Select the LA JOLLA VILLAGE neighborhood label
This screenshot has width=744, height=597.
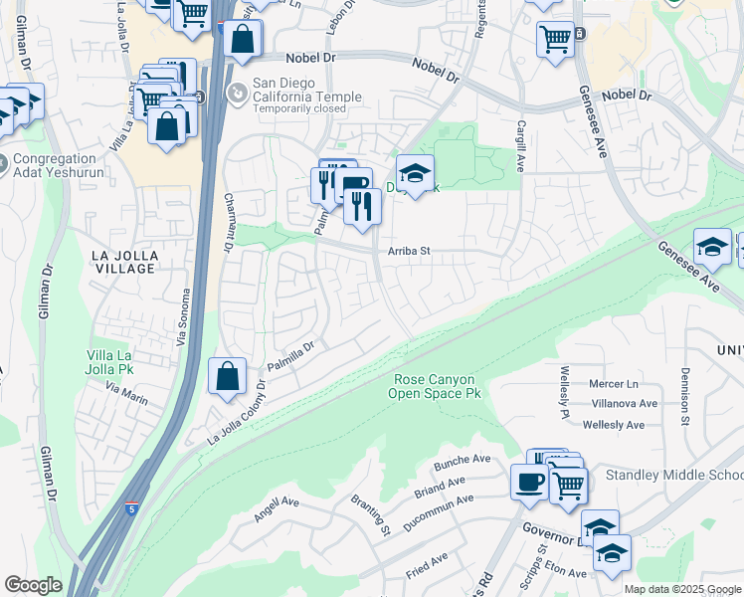123,262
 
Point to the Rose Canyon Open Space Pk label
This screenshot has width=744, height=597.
437,387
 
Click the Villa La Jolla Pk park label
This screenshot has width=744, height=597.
124,363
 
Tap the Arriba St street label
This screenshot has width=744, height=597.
408,252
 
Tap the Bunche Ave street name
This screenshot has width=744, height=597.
463,463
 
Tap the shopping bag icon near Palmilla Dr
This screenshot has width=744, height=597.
228,377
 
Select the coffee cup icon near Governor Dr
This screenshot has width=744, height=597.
528,482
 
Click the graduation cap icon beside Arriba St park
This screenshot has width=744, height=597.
415,174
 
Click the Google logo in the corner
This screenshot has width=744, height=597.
33,585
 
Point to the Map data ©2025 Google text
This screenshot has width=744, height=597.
681,589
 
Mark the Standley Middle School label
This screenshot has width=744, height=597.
673,475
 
